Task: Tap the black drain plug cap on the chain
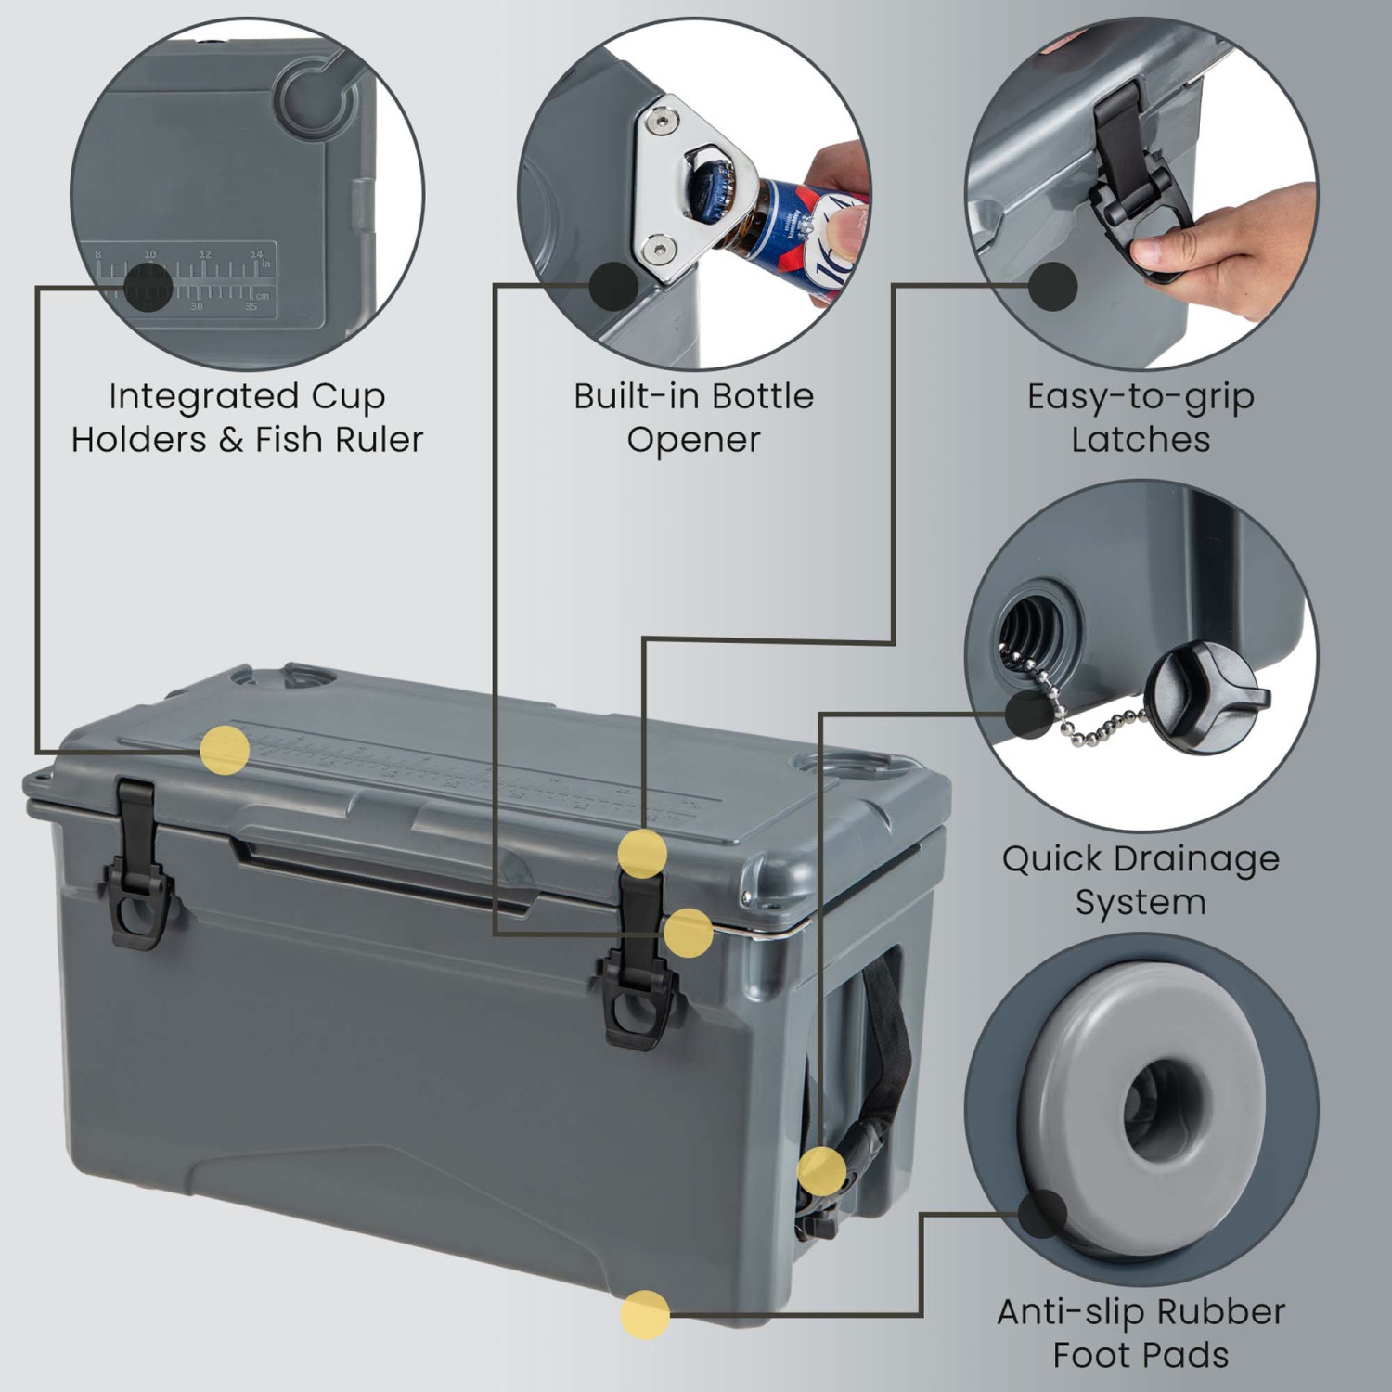tap(1204, 693)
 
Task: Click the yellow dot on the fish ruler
tap(225, 750)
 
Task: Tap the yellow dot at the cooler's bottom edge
tap(645, 1314)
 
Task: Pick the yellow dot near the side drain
tap(821, 1170)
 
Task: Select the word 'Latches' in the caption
tap(1140, 439)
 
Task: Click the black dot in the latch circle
tap(1052, 286)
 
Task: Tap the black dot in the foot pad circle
tap(1042, 1213)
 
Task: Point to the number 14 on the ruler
tap(256, 253)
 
